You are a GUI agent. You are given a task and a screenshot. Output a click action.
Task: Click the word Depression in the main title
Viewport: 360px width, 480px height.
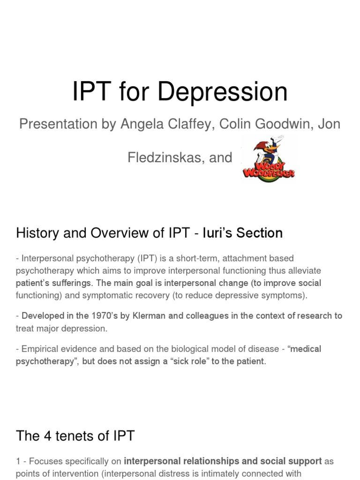click(x=222, y=92)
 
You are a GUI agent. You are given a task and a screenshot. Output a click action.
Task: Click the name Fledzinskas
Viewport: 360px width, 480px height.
click(x=164, y=157)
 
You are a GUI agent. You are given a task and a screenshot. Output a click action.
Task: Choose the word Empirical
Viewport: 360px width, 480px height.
click(x=40, y=349)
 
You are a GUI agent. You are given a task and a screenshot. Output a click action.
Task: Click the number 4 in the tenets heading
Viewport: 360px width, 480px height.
click(x=48, y=436)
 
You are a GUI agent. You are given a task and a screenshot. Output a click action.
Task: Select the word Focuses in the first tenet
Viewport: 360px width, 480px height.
click(x=45, y=461)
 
